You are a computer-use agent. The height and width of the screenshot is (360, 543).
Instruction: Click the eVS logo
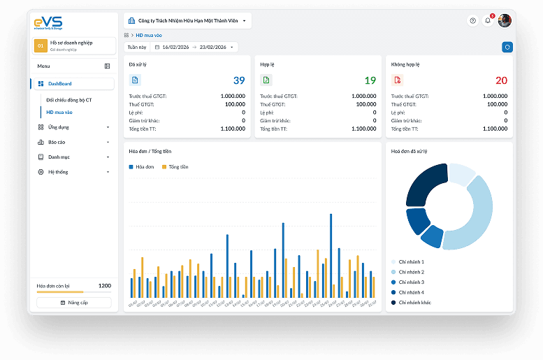pyautogui.click(x=48, y=23)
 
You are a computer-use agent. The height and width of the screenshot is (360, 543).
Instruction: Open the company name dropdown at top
pyautogui.click(x=187, y=21)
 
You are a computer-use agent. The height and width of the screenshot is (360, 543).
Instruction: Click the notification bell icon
pyautogui.click(x=488, y=21)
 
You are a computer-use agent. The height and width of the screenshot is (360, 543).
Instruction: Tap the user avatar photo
pyautogui.click(x=505, y=21)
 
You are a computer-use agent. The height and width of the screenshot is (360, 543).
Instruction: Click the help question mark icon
pyautogui.click(x=472, y=21)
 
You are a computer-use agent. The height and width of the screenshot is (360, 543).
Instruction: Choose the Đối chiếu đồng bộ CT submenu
pyautogui.click(x=69, y=100)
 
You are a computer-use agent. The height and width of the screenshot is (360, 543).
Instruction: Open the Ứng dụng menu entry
pyautogui.click(x=59, y=127)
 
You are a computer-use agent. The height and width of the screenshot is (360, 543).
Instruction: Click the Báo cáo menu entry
pyautogui.click(x=57, y=142)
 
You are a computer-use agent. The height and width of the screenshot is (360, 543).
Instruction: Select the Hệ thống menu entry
pyautogui.click(x=59, y=172)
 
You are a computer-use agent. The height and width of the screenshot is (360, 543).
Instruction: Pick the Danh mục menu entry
pyautogui.click(x=59, y=157)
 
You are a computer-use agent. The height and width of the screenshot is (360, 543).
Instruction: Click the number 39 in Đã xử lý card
pyautogui.click(x=239, y=80)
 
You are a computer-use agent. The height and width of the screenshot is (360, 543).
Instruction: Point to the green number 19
pyautogui.click(x=370, y=80)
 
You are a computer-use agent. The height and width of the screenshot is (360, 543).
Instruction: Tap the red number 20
pyautogui.click(x=501, y=80)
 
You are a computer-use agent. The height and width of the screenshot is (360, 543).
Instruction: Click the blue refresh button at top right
pyautogui.click(x=507, y=47)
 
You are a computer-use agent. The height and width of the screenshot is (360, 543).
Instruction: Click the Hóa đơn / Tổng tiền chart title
pyautogui.click(x=150, y=151)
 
